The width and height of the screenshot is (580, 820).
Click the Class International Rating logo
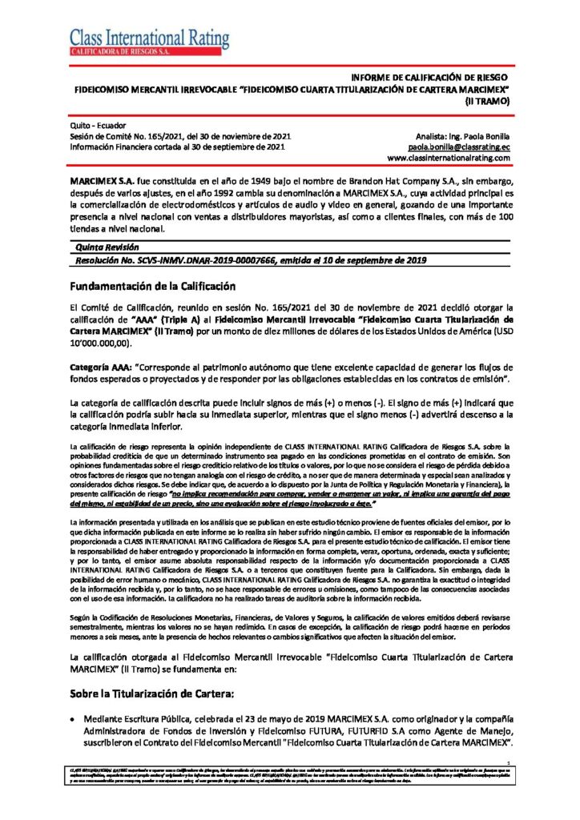(149, 41)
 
